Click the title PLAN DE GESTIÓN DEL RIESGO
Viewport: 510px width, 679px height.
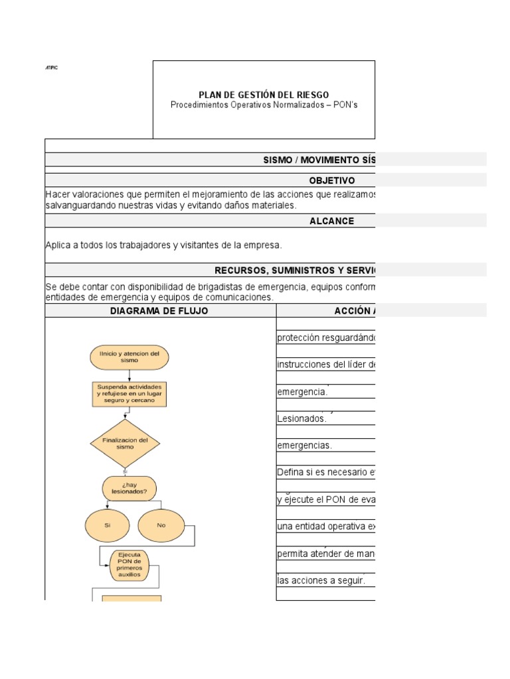coord(264,95)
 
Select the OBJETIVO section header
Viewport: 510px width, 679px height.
coord(332,180)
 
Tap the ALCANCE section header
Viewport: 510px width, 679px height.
coord(332,221)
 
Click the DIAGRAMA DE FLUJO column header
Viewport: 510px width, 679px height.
coord(159,311)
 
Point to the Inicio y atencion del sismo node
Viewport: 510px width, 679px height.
coord(129,357)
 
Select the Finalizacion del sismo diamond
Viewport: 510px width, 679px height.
coord(125,443)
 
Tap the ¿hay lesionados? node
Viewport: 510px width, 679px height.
coord(129,488)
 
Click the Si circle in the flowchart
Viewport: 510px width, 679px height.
coord(107,525)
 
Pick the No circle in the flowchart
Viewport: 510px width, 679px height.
coord(161,525)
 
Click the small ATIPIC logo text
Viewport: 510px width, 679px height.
coord(51,68)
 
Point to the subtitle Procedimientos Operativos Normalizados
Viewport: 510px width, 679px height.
coord(264,105)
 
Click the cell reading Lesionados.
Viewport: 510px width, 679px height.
coord(302,418)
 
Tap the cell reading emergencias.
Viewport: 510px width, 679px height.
coord(304,446)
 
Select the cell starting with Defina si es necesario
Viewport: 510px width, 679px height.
coord(325,472)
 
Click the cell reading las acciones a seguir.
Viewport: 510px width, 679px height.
coord(321,581)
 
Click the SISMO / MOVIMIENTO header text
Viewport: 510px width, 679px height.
coord(319,160)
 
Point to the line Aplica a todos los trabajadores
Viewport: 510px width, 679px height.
coord(163,245)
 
